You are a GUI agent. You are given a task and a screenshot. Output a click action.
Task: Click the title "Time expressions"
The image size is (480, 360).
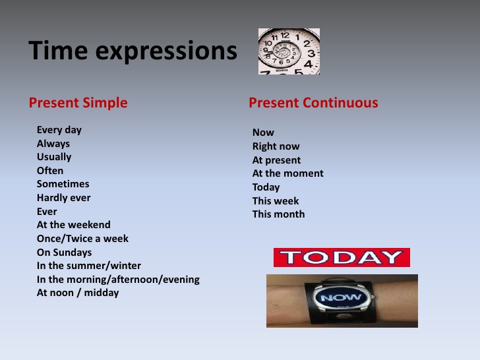tap(133, 51)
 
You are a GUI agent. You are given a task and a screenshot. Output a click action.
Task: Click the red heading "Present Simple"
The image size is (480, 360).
tap(78, 103)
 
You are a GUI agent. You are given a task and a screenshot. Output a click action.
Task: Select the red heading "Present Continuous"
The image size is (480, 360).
tap(313, 103)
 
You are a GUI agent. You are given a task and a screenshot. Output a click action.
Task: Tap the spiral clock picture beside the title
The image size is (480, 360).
tap(289, 51)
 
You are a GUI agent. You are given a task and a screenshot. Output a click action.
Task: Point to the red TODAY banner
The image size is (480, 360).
tap(342, 257)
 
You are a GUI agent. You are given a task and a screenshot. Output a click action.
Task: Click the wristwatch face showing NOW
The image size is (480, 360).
tap(341, 298)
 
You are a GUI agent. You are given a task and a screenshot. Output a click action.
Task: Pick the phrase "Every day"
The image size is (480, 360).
tap(59, 130)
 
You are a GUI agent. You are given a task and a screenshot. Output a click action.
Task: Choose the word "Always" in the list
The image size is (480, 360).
tap(53, 144)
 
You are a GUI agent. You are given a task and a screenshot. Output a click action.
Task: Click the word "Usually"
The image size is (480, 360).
tap(54, 157)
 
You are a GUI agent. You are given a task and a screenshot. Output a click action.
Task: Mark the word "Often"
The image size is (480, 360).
tap(50, 171)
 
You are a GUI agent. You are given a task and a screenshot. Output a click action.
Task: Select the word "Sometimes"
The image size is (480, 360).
tap(63, 184)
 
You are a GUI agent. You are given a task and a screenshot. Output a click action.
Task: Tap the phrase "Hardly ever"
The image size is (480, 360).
tap(63, 198)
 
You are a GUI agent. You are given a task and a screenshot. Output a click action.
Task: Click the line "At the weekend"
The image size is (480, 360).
tap(74, 225)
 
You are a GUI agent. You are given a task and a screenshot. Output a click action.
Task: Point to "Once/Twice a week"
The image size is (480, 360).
tap(82, 239)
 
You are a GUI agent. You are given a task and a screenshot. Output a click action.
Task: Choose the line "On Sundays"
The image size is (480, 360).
tap(64, 253)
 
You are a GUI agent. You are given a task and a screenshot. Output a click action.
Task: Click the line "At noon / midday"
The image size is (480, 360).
tap(78, 293)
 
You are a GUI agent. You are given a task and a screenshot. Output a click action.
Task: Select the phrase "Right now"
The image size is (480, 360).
tap(276, 146)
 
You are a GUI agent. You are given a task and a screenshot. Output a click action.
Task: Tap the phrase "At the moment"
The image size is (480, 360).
tap(287, 173)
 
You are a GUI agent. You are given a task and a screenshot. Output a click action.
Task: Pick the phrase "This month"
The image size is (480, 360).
tap(278, 214)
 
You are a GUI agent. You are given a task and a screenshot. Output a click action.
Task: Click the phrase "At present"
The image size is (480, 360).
tap(276, 160)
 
